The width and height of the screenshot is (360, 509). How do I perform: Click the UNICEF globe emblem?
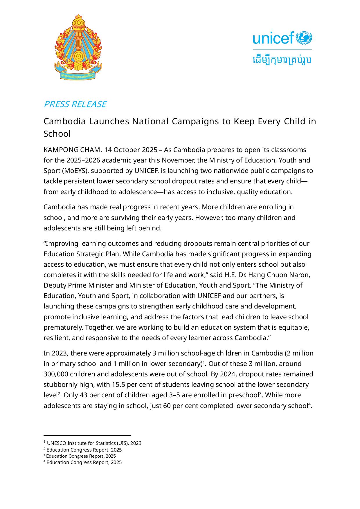tap(304, 38)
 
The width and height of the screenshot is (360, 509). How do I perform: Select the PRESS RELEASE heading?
tap(75, 104)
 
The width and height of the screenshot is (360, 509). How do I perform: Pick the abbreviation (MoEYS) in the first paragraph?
tap(75, 171)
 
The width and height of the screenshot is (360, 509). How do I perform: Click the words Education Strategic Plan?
tap(82, 254)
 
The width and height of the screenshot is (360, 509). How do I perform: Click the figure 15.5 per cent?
tap(129, 385)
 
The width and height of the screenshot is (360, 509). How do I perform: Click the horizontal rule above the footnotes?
tap(87, 436)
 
